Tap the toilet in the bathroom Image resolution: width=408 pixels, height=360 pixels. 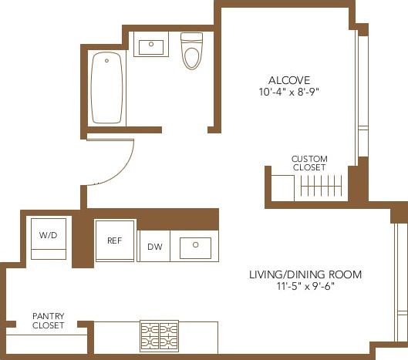(191, 55)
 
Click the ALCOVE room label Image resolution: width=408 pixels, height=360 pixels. (289, 80)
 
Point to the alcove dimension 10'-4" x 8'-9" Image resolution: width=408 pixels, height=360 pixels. (289, 91)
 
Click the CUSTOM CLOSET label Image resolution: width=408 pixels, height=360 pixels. (309, 163)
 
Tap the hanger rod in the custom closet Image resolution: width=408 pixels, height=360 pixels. (322, 187)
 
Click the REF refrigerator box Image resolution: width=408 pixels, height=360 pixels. (114, 241)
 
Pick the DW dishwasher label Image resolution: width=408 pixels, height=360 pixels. (154, 247)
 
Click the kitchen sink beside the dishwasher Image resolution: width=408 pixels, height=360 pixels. (195, 247)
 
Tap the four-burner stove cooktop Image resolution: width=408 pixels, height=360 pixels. (159, 336)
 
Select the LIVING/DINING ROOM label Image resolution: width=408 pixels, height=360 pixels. (305, 274)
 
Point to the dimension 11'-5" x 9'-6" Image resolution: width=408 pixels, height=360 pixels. (305, 287)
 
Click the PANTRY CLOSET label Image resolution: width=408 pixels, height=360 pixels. (48, 321)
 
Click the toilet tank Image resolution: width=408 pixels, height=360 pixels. (191, 38)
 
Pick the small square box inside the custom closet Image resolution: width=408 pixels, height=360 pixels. (283, 187)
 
